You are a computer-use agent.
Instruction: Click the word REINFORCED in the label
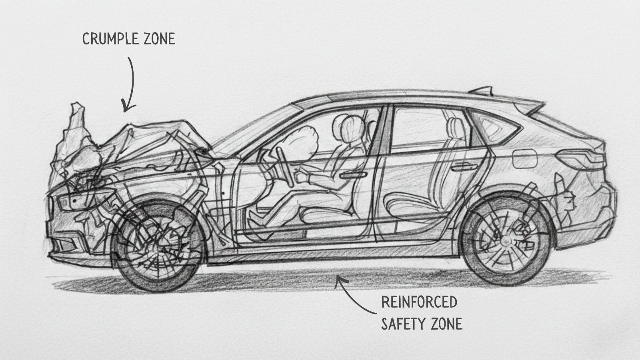(x=419, y=302)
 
